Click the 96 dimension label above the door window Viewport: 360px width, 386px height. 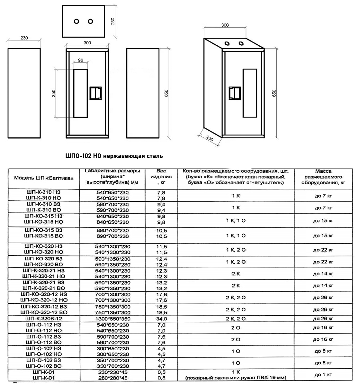coord(80,60)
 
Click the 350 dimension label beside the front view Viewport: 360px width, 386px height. coord(54,93)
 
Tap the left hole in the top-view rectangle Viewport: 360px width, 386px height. coord(76,21)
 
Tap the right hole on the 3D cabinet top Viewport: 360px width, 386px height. coord(241,43)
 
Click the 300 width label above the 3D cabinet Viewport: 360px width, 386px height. coord(225,25)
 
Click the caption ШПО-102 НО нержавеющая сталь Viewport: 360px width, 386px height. coord(114,156)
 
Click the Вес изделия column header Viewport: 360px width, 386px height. coord(161,177)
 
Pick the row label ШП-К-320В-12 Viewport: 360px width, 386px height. coord(44,319)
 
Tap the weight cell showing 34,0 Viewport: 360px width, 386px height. coord(161,319)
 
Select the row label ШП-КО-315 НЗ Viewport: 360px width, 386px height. coord(44,216)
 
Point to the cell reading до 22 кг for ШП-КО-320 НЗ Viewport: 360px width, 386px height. coord(323,250)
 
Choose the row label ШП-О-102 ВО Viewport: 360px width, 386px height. coord(44,366)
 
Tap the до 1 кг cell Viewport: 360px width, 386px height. coord(323,374)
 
